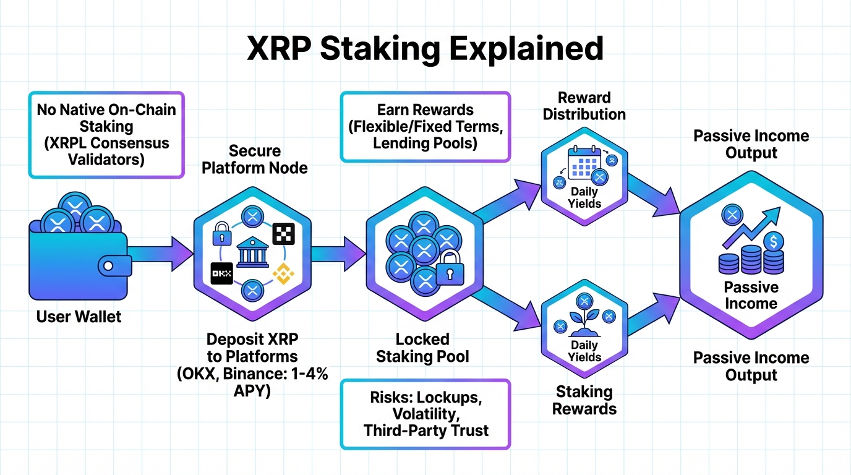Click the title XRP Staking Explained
coord(425,48)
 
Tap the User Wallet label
coord(79,317)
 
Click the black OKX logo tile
coord(221,272)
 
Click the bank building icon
coord(252,252)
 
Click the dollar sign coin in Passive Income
coord(774,241)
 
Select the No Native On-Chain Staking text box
coord(106,134)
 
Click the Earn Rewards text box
coord(426,127)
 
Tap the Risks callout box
coord(426,414)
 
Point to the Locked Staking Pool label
coord(422,348)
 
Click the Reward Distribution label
coord(584,106)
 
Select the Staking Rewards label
coord(584,400)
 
